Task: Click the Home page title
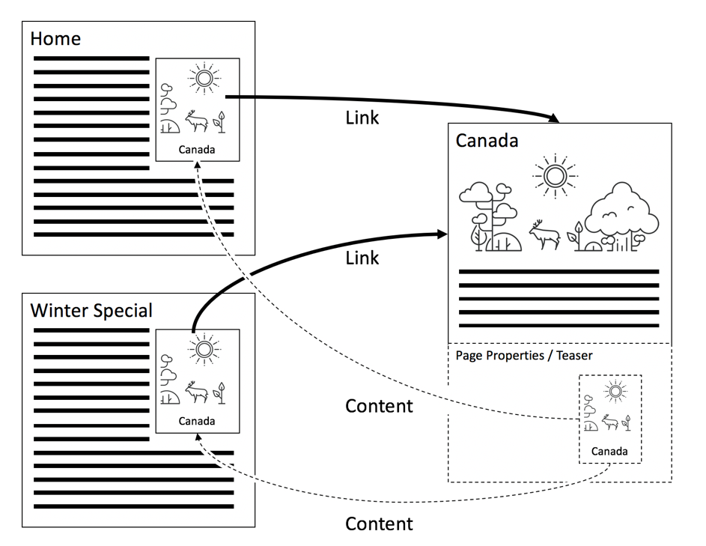pyautogui.click(x=55, y=38)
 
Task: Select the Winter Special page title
pyautogui.click(x=91, y=310)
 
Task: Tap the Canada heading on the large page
pyautogui.click(x=487, y=141)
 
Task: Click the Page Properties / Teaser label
pyautogui.click(x=524, y=355)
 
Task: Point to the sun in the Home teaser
pyautogui.click(x=203, y=78)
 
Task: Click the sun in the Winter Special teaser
pyautogui.click(x=203, y=349)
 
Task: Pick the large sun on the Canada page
pyautogui.click(x=555, y=176)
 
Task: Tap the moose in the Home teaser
pyautogui.click(x=195, y=121)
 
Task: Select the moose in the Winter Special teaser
pyautogui.click(x=195, y=392)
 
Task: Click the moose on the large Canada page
pyautogui.click(x=545, y=234)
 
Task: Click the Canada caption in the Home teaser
pyautogui.click(x=197, y=150)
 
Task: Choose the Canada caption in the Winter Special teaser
pyautogui.click(x=197, y=421)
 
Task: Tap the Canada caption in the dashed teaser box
pyautogui.click(x=609, y=452)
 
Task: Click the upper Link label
pyautogui.click(x=362, y=118)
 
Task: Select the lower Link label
pyautogui.click(x=362, y=258)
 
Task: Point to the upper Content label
pyautogui.click(x=379, y=406)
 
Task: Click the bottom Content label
pyautogui.click(x=379, y=524)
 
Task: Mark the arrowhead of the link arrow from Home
pyautogui.click(x=555, y=118)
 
